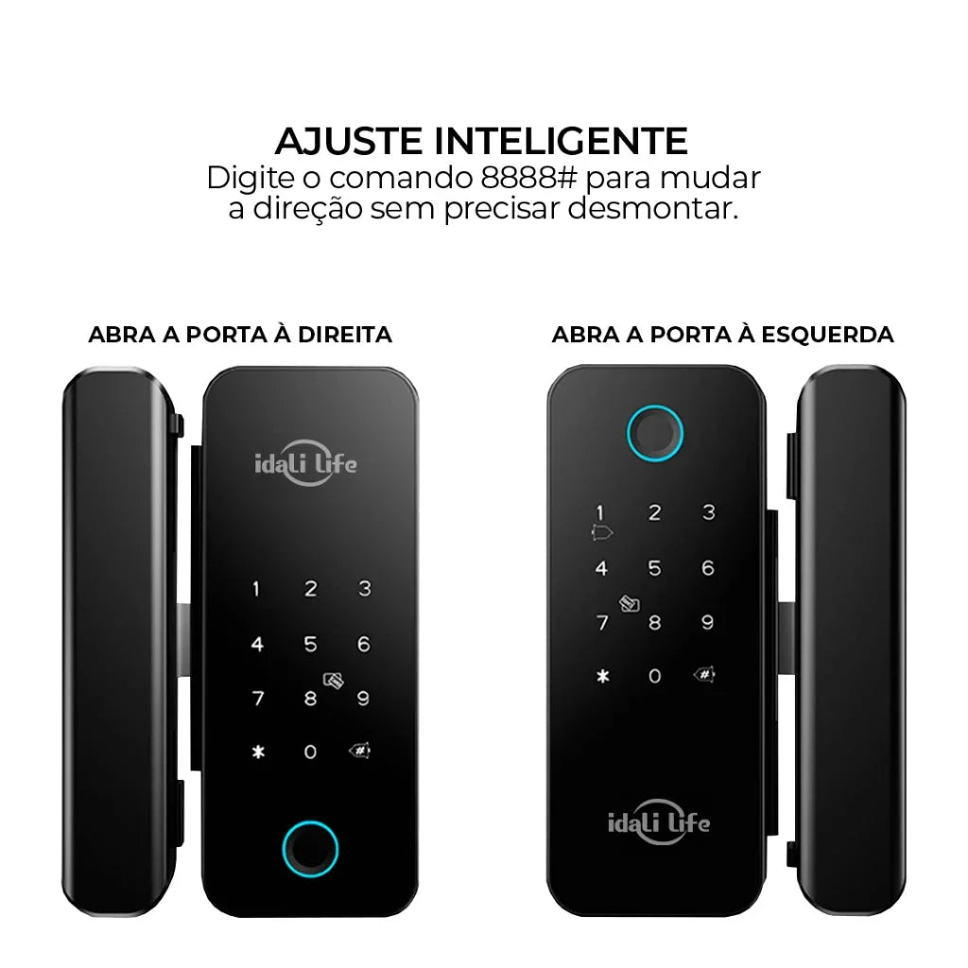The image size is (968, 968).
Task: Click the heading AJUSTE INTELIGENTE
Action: (481, 141)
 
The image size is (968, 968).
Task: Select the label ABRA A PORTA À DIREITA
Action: (240, 335)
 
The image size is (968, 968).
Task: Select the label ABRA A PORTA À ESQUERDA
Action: (722, 335)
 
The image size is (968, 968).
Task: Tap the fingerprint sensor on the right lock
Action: (656, 432)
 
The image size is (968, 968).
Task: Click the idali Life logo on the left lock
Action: (306, 463)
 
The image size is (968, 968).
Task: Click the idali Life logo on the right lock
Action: (658, 821)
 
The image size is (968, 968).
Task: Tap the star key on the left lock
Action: (256, 753)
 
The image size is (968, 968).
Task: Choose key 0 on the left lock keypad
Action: (310, 753)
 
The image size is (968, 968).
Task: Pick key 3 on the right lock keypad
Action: (708, 513)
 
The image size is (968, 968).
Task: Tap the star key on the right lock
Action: (602, 677)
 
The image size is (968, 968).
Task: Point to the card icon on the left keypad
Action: (332, 680)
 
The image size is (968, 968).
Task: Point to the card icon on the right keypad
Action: (630, 602)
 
